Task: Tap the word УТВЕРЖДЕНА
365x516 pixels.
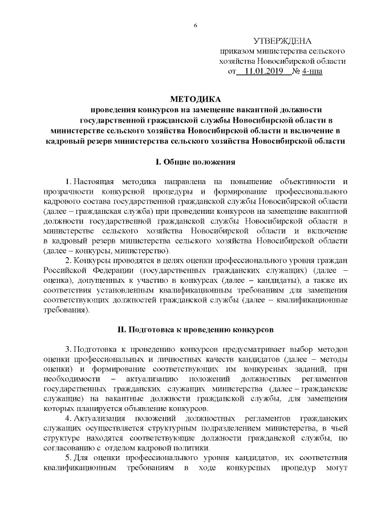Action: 283,41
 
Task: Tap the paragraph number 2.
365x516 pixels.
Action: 69,260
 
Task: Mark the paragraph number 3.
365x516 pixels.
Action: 69,348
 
